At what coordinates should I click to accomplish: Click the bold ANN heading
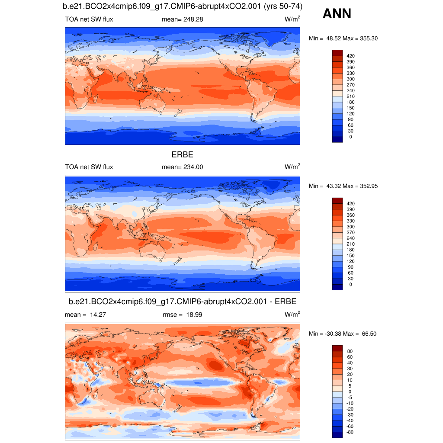pos(337,14)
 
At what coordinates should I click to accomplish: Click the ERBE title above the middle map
pos(182,154)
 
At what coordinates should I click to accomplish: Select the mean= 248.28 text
pos(182,19)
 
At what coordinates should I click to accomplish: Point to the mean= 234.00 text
pos(182,167)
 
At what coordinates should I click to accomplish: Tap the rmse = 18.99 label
pos(182,315)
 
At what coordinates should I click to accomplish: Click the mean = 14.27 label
pos(85,315)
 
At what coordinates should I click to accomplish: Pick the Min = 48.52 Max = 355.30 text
pos(343,39)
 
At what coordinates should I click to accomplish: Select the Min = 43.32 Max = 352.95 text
pos(343,186)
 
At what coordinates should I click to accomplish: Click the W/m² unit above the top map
pos(292,19)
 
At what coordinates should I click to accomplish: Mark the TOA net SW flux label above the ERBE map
pos(89,167)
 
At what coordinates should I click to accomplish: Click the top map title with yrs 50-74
pos(182,7)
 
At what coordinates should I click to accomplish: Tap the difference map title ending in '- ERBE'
pos(182,302)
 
